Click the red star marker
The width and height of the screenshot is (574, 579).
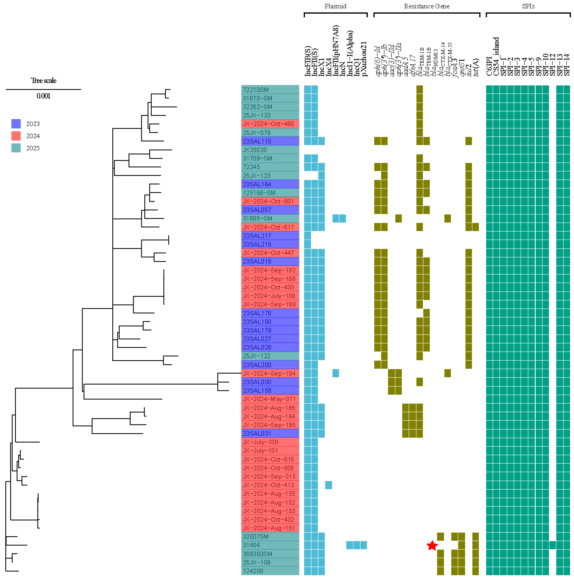tap(432, 546)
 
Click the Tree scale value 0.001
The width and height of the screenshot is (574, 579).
tap(43, 96)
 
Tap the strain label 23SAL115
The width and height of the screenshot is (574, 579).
tap(257, 141)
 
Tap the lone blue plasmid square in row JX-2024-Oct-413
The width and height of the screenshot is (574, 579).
tap(328, 485)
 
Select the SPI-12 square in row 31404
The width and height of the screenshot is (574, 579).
tap(552, 545)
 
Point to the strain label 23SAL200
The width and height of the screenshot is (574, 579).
tap(257, 365)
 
